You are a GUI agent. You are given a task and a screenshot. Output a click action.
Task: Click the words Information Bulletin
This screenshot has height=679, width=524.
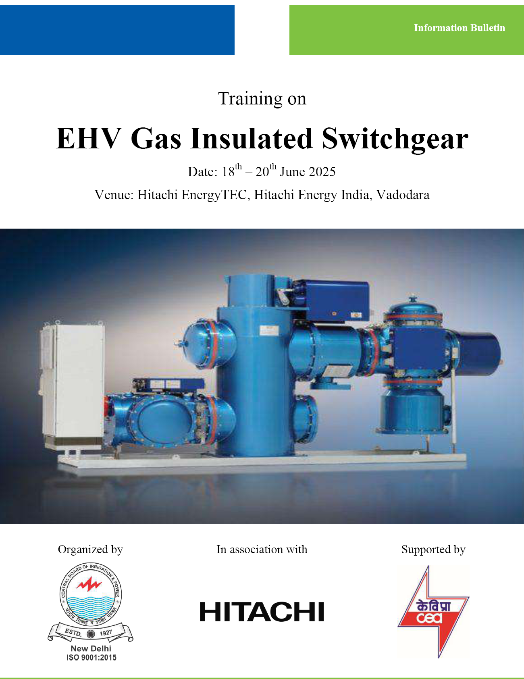click(x=459, y=28)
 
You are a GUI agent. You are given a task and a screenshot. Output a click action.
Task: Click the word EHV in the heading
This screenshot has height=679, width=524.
click(x=88, y=138)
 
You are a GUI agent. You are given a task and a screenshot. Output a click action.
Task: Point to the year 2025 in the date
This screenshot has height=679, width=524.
click(x=322, y=172)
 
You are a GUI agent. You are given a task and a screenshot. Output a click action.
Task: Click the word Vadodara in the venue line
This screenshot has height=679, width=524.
click(x=403, y=195)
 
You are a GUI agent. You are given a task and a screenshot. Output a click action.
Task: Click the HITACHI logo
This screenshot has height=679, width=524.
click(x=262, y=611)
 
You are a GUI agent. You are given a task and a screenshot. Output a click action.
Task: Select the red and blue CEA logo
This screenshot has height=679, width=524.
click(x=433, y=611)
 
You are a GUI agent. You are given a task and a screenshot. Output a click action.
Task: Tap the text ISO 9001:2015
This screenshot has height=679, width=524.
click(x=91, y=658)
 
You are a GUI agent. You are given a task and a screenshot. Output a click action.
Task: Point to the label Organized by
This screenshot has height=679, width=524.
click(x=90, y=550)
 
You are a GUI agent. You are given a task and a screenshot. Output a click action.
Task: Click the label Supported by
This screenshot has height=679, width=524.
click(x=433, y=550)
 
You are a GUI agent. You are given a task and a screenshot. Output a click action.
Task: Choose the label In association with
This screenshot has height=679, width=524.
click(x=262, y=549)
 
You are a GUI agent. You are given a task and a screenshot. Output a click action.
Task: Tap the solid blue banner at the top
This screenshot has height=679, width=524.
click(x=117, y=30)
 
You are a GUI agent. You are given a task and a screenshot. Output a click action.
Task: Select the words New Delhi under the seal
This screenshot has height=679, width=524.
click(x=91, y=648)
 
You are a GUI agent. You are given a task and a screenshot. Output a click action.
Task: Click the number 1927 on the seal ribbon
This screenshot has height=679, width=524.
click(x=106, y=633)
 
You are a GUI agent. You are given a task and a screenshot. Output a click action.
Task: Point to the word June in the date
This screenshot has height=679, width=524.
click(x=292, y=172)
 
